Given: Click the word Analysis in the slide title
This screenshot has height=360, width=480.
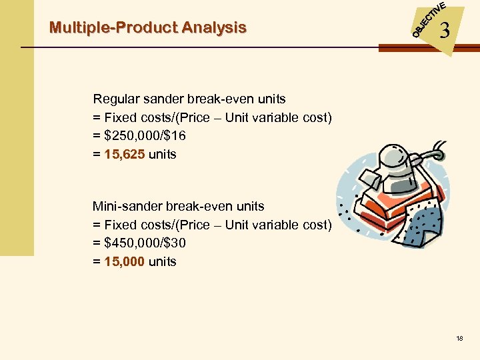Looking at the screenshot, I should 213,28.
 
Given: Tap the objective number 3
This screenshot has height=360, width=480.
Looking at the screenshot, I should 445,31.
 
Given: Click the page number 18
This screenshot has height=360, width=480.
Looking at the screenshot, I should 460,339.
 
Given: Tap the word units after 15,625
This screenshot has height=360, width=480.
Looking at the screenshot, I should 163,155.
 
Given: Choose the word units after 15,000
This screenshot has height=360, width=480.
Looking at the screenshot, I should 163,262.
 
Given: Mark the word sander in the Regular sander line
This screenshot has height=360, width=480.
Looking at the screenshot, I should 156,99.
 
